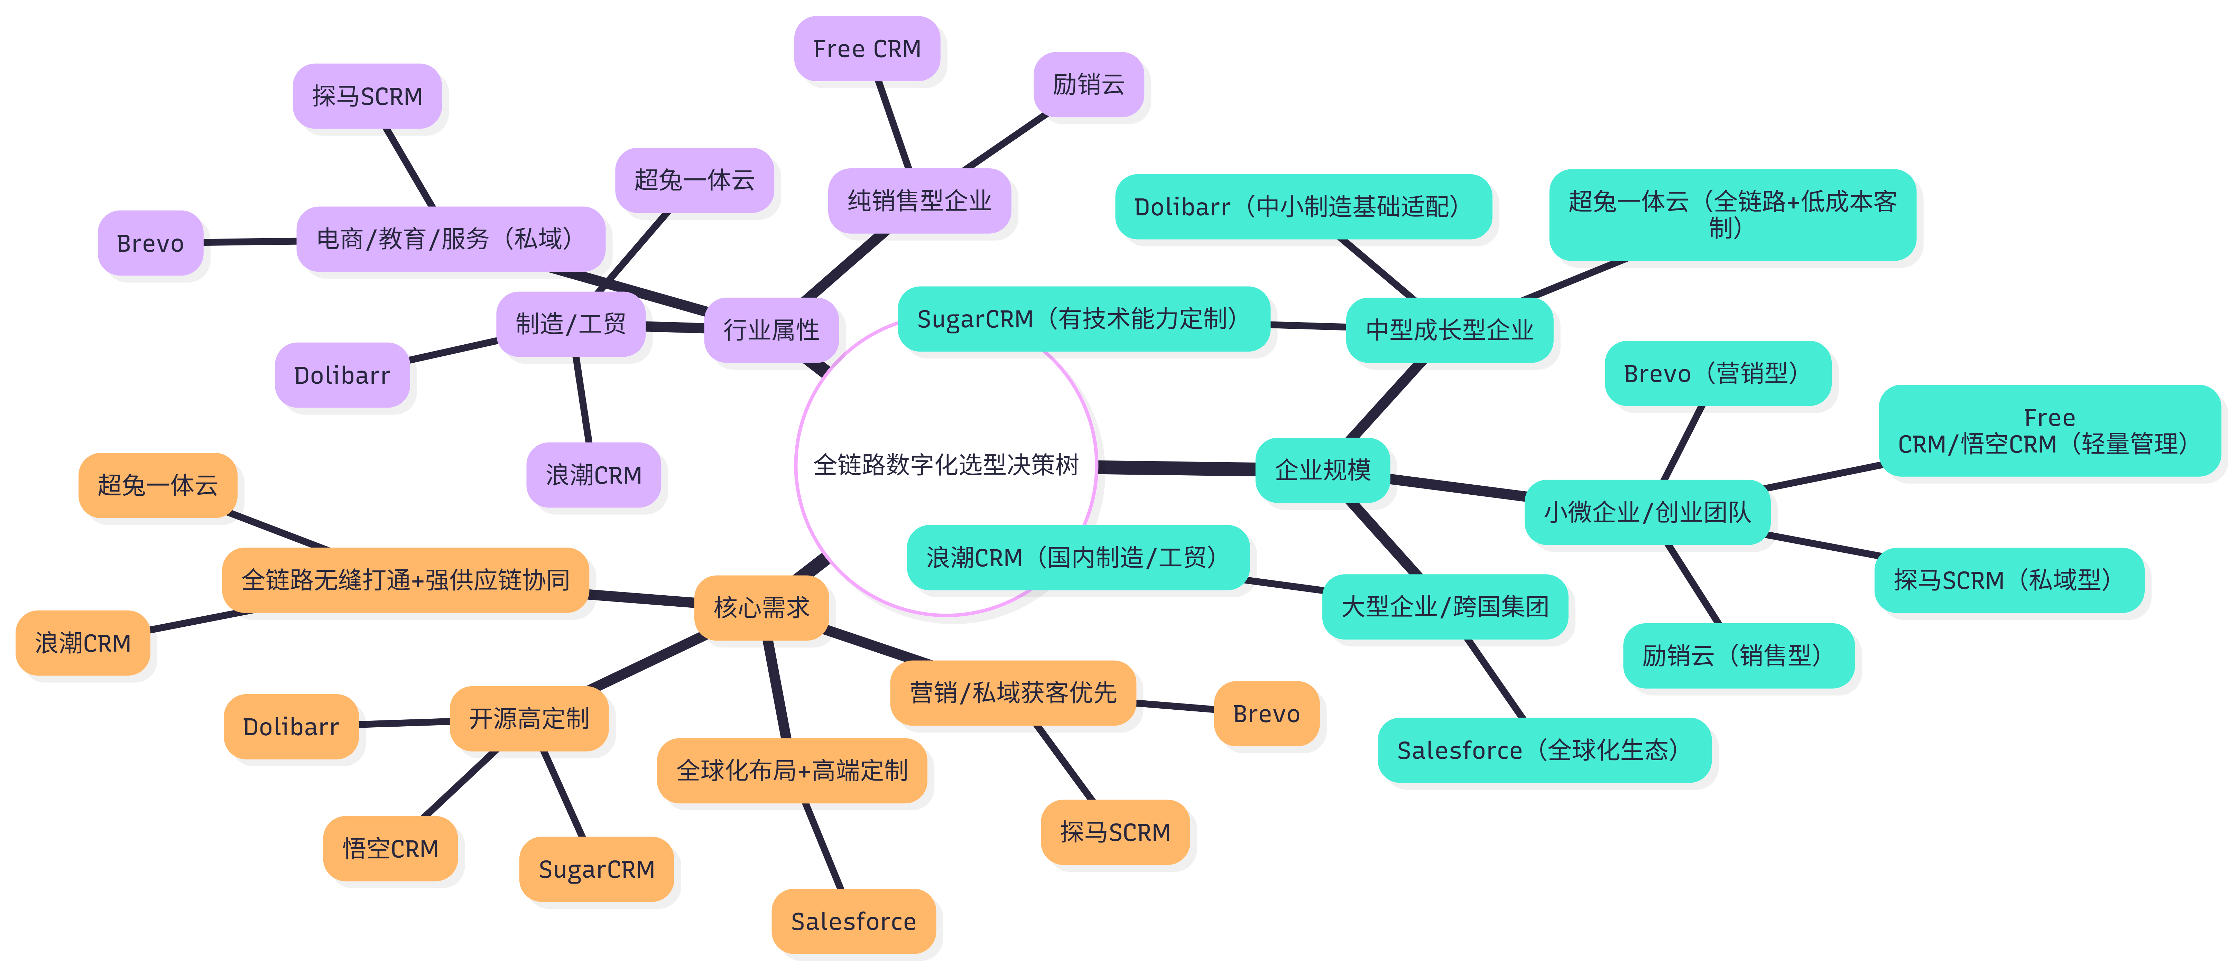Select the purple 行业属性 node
tap(770, 330)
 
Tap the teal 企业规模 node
tap(1322, 470)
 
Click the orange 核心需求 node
tap(761, 607)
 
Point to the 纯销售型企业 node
tap(919, 200)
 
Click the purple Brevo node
tap(150, 243)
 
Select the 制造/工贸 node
tap(571, 324)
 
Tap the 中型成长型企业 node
tap(1449, 330)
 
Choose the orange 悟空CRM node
tap(390, 848)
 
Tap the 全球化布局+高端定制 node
tap(791, 770)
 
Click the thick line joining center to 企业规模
tap(1177, 468)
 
